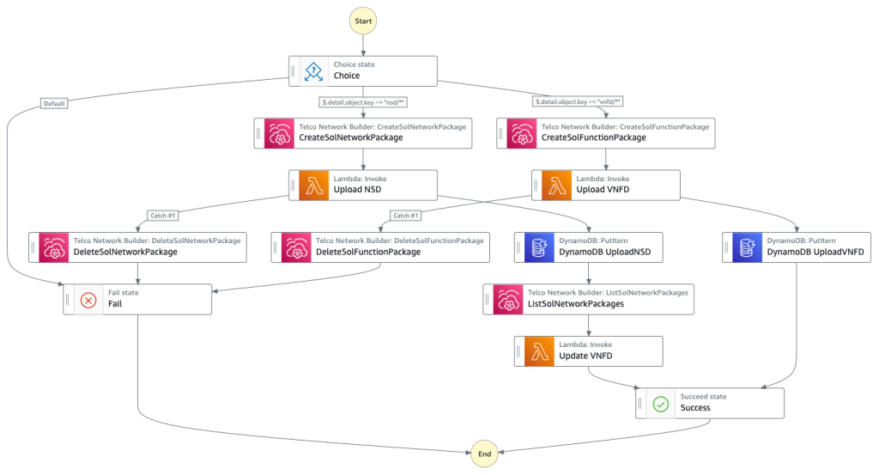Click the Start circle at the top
click(x=362, y=20)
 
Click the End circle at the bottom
click(x=484, y=452)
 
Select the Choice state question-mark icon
click(x=313, y=70)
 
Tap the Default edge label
click(x=53, y=103)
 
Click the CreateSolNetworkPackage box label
click(x=350, y=137)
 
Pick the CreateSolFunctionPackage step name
click(x=593, y=137)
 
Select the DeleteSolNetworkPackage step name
click(x=125, y=252)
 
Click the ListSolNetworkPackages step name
click(x=575, y=304)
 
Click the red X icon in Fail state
click(x=88, y=300)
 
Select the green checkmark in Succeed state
click(x=660, y=403)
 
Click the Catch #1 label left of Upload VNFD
click(x=405, y=216)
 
